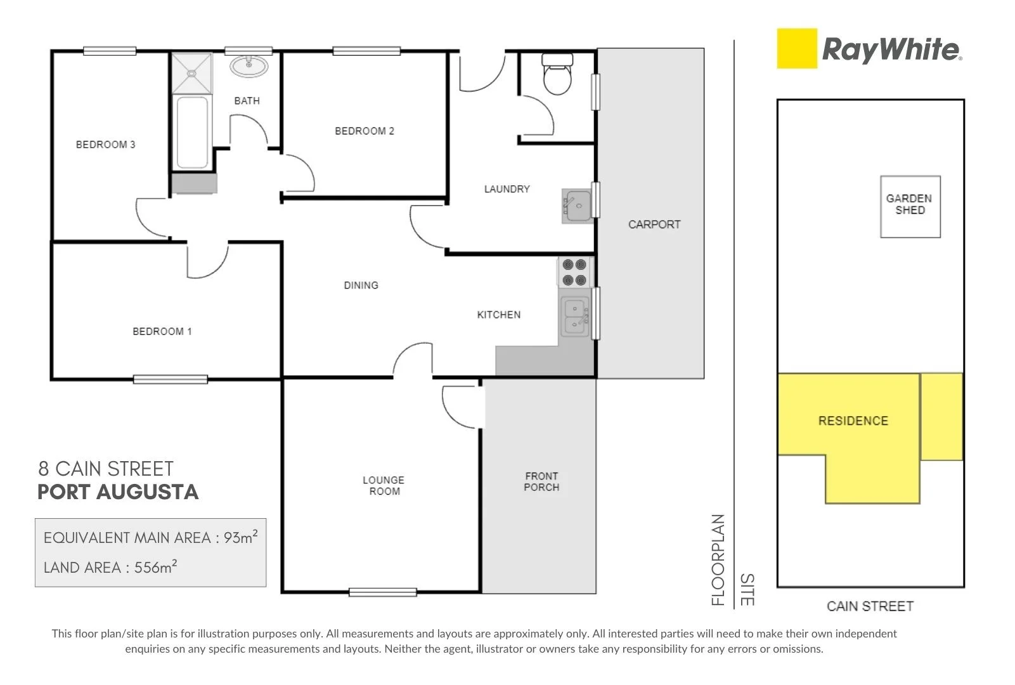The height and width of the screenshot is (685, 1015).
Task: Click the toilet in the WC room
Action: coord(557,74)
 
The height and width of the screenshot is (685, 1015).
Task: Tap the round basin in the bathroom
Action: coord(249,66)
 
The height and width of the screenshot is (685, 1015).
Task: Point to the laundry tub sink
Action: coord(577,206)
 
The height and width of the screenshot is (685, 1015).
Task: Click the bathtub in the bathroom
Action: coord(192,132)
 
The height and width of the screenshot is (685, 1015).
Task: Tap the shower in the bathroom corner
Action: coord(192,73)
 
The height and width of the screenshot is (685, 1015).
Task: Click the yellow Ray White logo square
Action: coord(797,48)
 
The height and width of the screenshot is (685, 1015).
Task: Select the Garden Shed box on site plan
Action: coord(910,207)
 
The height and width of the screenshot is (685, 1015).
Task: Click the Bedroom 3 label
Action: coord(105,145)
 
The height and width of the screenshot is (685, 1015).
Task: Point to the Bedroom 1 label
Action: coord(162,331)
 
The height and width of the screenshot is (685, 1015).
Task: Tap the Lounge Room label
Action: coord(384,485)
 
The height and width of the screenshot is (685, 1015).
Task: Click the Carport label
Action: coord(654,225)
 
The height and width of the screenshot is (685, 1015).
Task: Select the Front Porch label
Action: coord(541,481)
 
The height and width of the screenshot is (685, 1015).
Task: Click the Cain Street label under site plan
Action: coord(869,606)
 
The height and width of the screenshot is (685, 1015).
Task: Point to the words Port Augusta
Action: coord(118,492)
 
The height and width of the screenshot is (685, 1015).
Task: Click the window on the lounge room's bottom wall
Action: coord(382,592)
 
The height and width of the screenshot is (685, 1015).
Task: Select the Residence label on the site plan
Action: coord(853,421)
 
